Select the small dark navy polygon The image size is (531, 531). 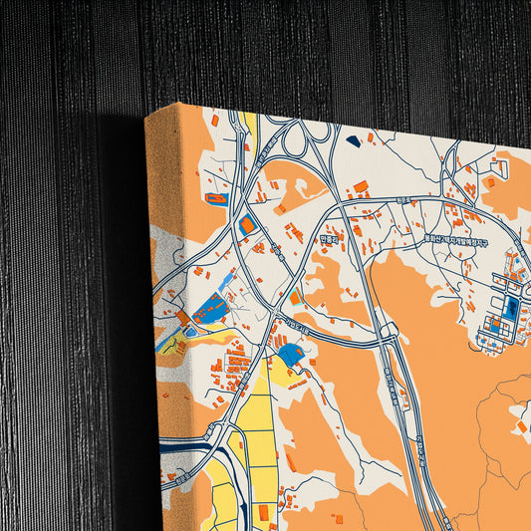[354, 141]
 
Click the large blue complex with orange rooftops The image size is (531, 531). [211, 311]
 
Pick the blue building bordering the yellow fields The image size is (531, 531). [291, 354]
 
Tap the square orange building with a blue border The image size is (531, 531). [246, 225]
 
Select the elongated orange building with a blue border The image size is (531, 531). [216, 198]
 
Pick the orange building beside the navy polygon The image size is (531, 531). [370, 136]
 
